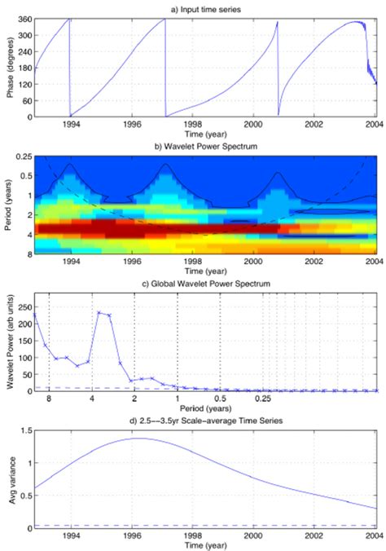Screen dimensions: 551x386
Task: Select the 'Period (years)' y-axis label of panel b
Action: (9, 206)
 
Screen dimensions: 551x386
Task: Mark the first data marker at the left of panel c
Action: (34, 314)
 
